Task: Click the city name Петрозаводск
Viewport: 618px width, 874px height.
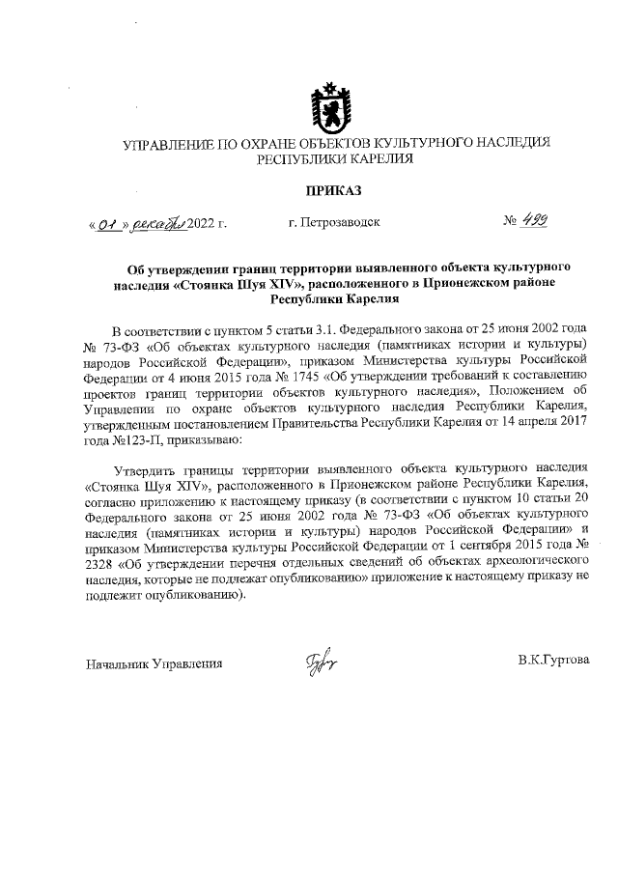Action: coord(334,223)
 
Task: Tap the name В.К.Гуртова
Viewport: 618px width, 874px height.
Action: coord(552,663)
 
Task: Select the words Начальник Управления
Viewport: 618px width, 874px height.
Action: coord(154,664)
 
